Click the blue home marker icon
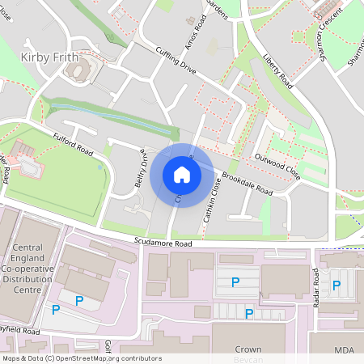click(x=182, y=175)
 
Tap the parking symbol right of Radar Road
click(x=336, y=285)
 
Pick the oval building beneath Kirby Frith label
click(x=77, y=72)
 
